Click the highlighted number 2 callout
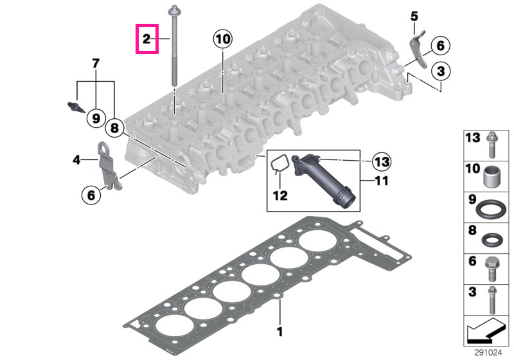147,39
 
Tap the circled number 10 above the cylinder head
222,39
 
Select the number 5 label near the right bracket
414,16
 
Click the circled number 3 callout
441,71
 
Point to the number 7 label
95,63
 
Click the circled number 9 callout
96,118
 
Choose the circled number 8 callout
114,127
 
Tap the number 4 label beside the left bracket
76,159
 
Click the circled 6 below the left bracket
91,195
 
